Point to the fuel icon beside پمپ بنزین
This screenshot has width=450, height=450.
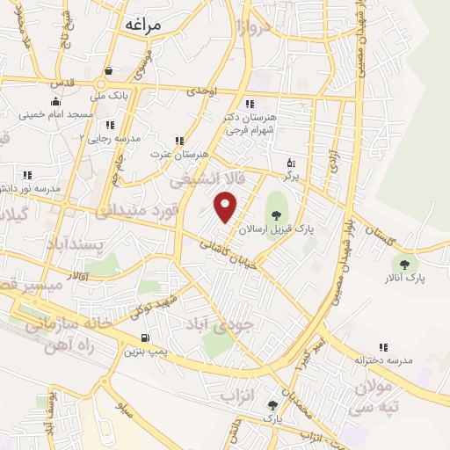click(x=145, y=338)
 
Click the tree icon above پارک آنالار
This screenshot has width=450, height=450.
click(x=404, y=263)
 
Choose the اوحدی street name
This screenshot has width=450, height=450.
click(x=202, y=91)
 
